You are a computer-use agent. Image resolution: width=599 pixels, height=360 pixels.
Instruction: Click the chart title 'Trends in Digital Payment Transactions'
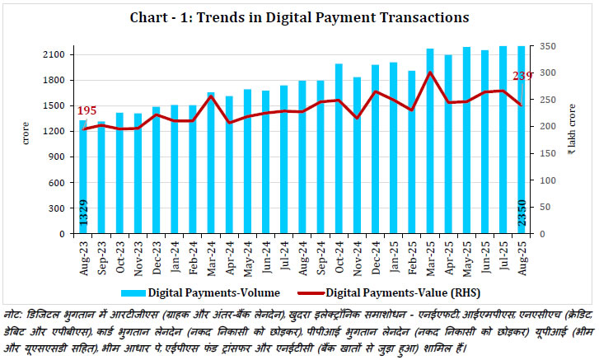click(x=299, y=16)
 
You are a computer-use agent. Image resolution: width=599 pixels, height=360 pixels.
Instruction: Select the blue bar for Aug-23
click(x=83, y=177)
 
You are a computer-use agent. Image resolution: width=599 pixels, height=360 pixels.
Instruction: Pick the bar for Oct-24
click(x=339, y=148)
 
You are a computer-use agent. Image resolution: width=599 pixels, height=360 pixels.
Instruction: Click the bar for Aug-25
click(x=521, y=140)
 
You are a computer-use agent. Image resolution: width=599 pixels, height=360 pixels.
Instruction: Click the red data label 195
click(x=87, y=110)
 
